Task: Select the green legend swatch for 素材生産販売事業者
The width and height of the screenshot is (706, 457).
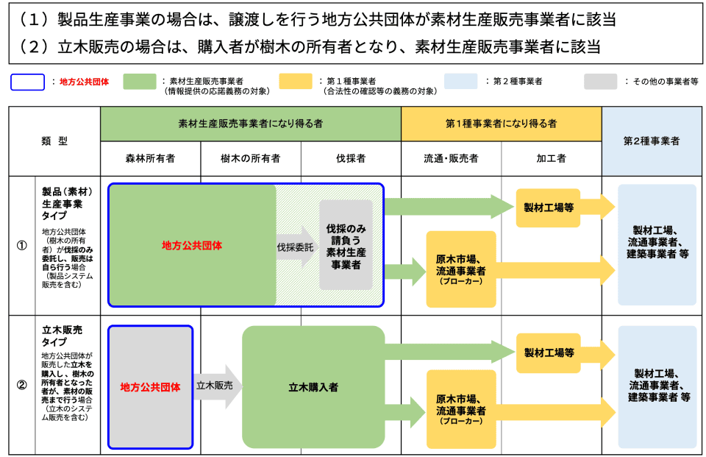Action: point(139,82)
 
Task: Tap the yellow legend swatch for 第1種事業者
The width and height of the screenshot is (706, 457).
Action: point(296,82)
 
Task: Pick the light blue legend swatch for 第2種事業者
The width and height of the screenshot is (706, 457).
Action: point(460,82)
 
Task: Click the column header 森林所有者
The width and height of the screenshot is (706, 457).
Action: point(150,158)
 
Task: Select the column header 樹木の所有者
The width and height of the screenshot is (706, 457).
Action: point(251,158)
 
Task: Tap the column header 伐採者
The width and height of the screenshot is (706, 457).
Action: point(351,158)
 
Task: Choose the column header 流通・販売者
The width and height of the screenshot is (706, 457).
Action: point(451,158)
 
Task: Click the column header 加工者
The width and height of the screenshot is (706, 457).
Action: point(552,158)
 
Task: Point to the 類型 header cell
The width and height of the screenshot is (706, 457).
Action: point(54,141)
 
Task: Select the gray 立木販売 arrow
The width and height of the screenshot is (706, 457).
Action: point(217,386)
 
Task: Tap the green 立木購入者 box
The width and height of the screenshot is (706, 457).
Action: point(313,386)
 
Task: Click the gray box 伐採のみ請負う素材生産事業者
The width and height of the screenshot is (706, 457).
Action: point(346,244)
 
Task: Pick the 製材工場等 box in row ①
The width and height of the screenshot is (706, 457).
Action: point(549,208)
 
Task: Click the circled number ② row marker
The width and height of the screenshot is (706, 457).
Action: point(21,385)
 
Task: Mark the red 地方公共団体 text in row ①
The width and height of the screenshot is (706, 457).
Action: point(192,245)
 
